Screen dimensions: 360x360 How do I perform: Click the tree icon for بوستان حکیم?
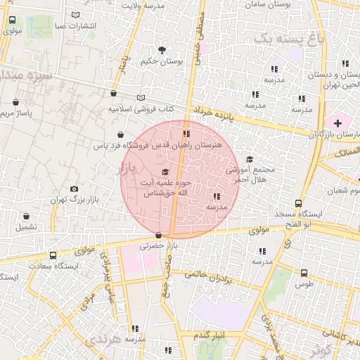click(162, 50)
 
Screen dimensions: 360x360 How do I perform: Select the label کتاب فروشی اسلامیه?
click(141, 109)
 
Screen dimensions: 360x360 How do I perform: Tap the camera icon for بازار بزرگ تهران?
click(75, 188)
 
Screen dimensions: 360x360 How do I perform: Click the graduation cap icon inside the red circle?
click(166, 172)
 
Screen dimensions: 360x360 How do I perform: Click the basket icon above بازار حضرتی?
click(158, 235)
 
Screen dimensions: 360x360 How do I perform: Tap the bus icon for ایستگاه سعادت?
click(53, 256)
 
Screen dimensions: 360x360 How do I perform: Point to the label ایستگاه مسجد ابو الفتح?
click(298, 218)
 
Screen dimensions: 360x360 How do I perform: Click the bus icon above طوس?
click(304, 272)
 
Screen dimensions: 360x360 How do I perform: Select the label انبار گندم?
click(209, 333)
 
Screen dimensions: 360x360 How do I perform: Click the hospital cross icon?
click(337, 123)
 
